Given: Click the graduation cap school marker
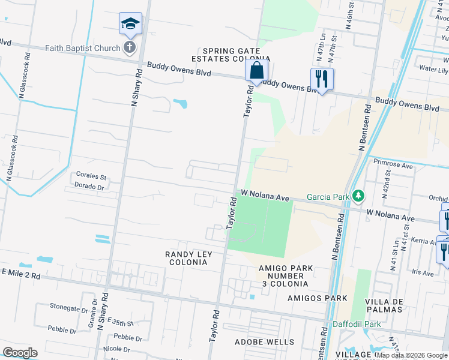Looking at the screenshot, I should (x=130, y=24).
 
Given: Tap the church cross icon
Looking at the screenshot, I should (x=129, y=47).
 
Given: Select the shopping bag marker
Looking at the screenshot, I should (x=256, y=70).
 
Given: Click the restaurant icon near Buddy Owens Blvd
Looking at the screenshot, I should (x=322, y=79).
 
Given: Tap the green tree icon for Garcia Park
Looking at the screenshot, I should (x=358, y=196).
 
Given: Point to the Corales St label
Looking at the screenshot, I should (x=91, y=177).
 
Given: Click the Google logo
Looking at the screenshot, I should (x=19, y=353).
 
